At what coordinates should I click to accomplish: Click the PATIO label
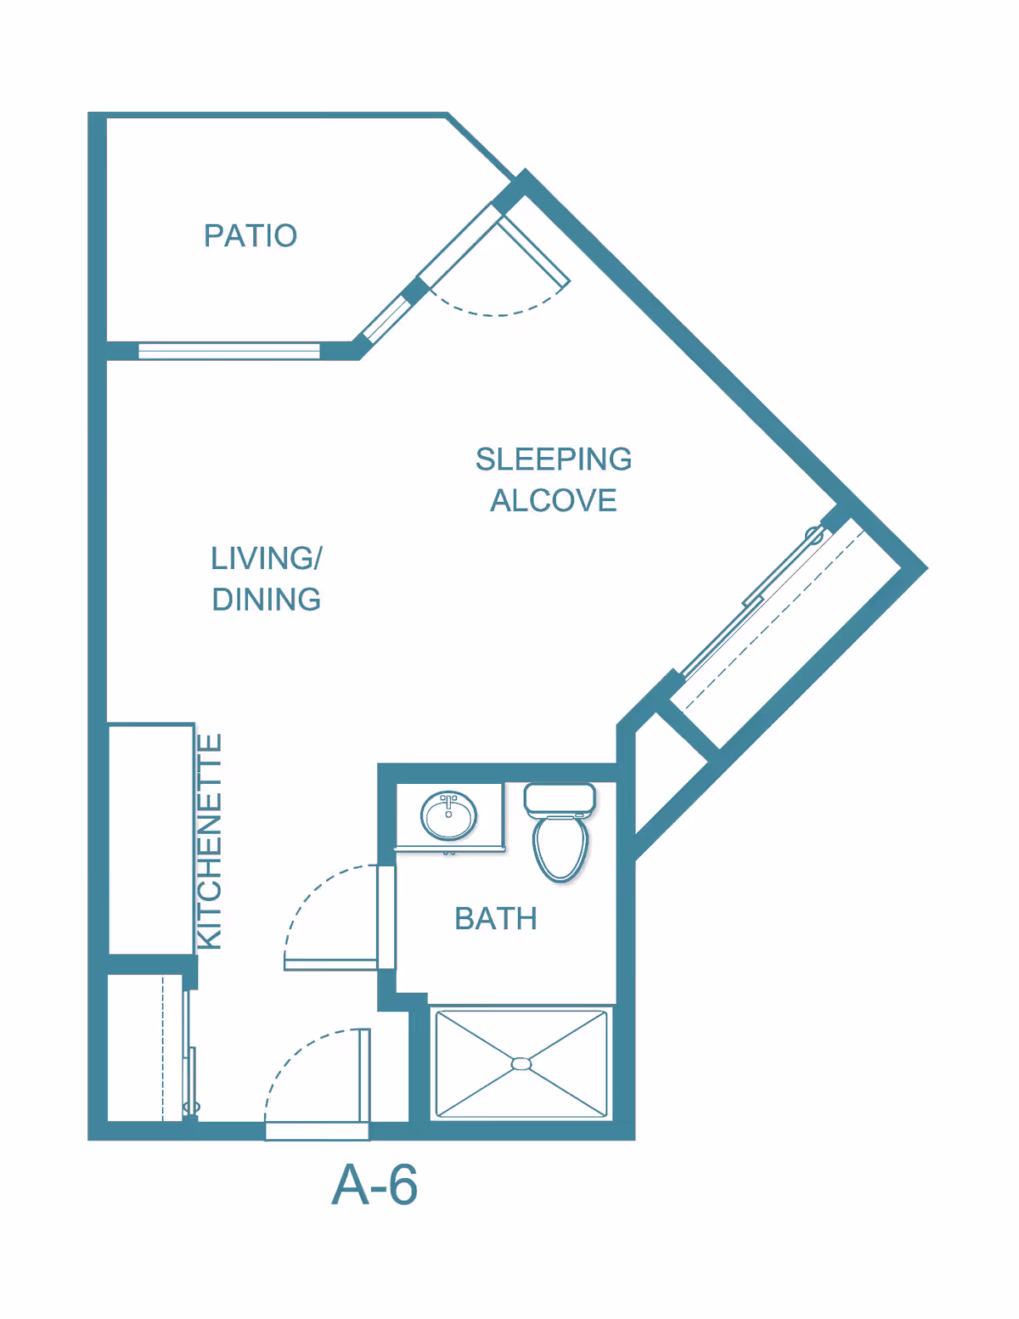click(x=251, y=235)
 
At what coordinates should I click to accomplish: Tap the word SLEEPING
click(x=553, y=459)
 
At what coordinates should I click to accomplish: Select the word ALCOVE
click(x=553, y=500)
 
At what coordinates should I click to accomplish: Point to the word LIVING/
click(x=266, y=558)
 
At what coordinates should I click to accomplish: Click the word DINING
click(x=266, y=600)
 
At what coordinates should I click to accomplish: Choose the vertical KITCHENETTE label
click(x=210, y=841)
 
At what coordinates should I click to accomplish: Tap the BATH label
click(x=496, y=918)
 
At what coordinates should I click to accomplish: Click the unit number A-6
click(x=374, y=1185)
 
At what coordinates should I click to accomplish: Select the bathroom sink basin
click(x=448, y=816)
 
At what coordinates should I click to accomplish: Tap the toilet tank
click(x=560, y=798)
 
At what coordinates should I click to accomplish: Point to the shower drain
click(x=521, y=1064)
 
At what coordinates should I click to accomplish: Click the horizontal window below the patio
click(x=229, y=351)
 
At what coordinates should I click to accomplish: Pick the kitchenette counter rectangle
click(x=151, y=839)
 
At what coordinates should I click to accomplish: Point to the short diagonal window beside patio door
click(x=387, y=319)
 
